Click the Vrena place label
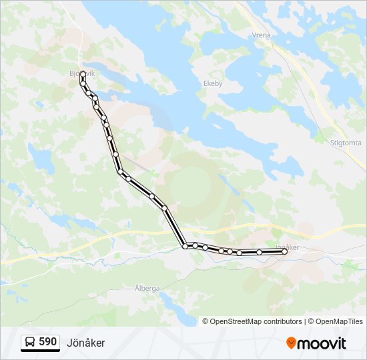(260, 35)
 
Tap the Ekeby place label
(212, 84)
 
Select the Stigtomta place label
(346, 143)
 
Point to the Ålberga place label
(147, 288)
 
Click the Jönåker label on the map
(286, 247)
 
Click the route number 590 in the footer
(47, 342)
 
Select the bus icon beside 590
(31, 343)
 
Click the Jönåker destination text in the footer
(85, 343)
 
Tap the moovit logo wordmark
(322, 343)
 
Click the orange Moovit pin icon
(291, 343)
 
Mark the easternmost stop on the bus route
(284, 251)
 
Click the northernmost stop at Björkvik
(83, 75)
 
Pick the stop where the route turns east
(185, 246)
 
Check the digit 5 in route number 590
(41, 342)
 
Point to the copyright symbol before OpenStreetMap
(206, 321)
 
